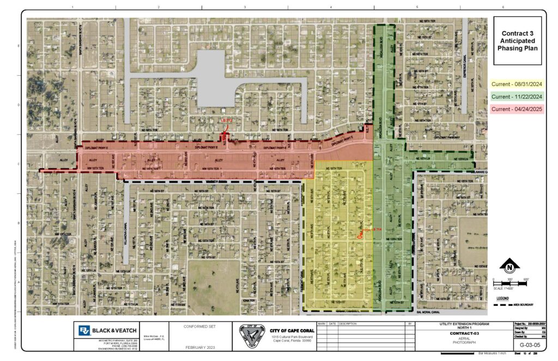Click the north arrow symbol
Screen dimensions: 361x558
[509, 267]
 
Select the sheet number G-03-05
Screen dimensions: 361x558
[529, 344]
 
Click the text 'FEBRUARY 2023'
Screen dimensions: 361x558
[201, 347]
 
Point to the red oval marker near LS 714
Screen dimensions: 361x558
[359, 236]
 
